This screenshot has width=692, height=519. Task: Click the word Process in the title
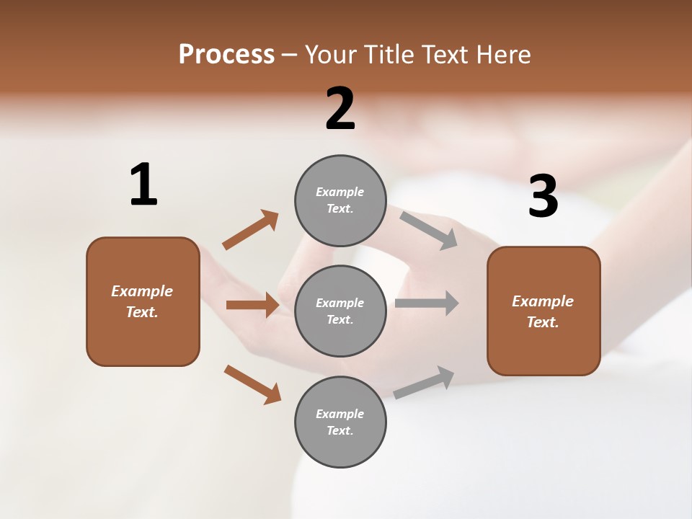point(226,54)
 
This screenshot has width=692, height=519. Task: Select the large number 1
point(143,185)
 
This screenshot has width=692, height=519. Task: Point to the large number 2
point(340,109)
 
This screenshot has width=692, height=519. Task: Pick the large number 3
point(543,197)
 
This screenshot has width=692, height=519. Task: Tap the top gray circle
point(340,200)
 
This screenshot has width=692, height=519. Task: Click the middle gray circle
point(340,311)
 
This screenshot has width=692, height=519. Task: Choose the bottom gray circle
point(340,422)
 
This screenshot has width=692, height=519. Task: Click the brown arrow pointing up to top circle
point(250,230)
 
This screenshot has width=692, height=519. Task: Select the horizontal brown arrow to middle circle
point(252,305)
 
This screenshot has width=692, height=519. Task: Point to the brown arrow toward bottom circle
point(252,384)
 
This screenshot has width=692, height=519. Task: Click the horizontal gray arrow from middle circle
point(427,303)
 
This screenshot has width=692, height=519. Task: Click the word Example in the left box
point(142,291)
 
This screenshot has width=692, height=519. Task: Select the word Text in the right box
point(542,322)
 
